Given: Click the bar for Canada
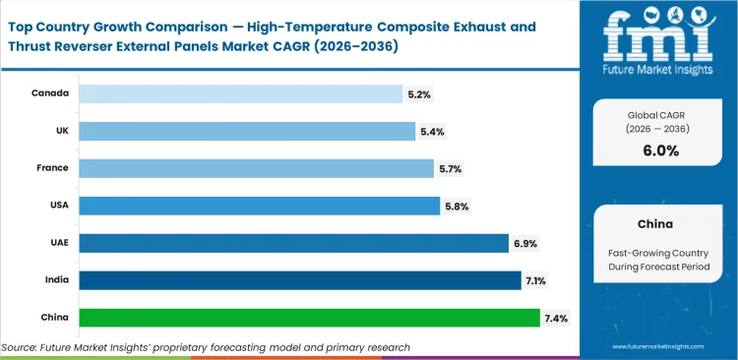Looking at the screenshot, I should pyautogui.click(x=241, y=94).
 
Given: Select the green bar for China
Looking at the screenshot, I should pyautogui.click(x=309, y=318).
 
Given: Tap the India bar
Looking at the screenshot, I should pyautogui.click(x=299, y=280).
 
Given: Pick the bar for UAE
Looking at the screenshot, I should pyautogui.click(x=293, y=243).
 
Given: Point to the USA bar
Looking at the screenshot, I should pyautogui.click(x=259, y=206).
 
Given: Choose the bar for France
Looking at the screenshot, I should pyautogui.click(x=256, y=169).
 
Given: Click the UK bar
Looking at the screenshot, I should pyautogui.click(x=247, y=132).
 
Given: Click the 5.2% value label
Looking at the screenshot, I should pyautogui.click(x=418, y=94).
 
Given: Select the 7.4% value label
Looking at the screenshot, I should pyautogui.click(x=554, y=318).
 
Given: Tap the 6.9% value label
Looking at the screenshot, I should pyautogui.click(x=524, y=243).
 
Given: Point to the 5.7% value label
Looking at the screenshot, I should pyautogui.click(x=449, y=169).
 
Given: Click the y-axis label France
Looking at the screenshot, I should pyautogui.click(x=51, y=169).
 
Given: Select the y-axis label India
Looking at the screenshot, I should pyautogui.click(x=55, y=280).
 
